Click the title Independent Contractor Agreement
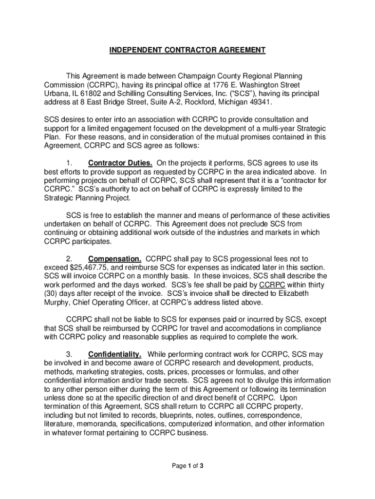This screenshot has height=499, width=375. coord(187,50)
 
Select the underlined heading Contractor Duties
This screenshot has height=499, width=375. coord(116,163)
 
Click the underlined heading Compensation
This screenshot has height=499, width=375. coord(115,259)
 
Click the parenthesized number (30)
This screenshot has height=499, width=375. coord(52,294)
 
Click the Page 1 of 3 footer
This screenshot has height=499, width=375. coord(187,466)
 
